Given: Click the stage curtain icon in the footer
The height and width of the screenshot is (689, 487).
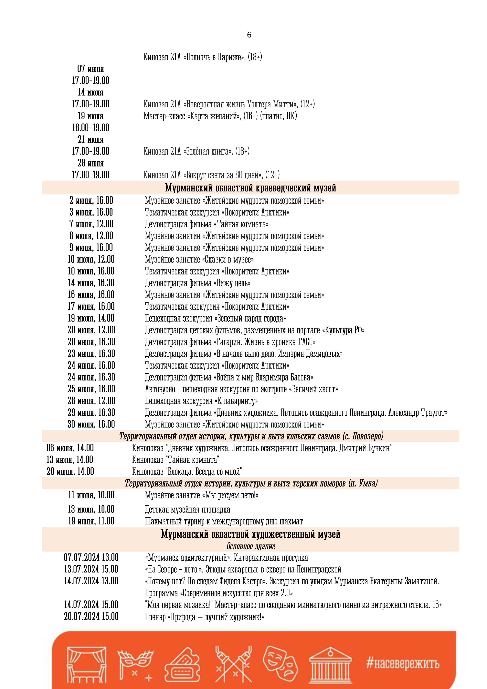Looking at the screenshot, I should [86, 665].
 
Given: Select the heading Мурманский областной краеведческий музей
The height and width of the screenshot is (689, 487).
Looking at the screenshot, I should [250, 188].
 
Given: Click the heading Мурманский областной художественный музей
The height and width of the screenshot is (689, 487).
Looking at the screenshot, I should [250, 534].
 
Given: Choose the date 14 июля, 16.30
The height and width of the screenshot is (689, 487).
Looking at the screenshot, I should [91, 283].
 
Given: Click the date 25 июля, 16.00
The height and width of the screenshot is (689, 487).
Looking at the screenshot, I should [91, 389].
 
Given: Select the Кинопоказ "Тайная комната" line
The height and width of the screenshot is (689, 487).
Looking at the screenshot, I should [175, 460].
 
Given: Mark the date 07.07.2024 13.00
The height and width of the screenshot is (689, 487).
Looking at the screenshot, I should [91, 558].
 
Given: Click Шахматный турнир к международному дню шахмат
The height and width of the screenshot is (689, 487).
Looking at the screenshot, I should [224, 521].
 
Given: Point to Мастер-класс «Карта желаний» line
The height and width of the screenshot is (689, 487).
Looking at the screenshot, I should [220, 116].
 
